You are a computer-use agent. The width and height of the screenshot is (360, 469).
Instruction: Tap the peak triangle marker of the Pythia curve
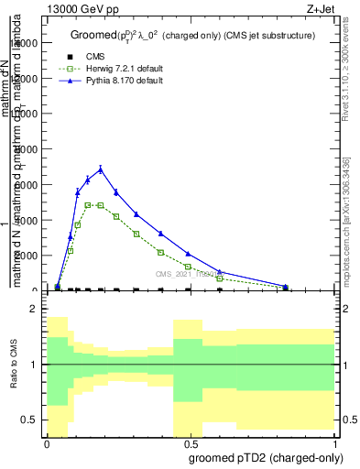(x=101, y=169)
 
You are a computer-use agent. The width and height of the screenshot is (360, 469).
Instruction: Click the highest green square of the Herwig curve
(x=88, y=205)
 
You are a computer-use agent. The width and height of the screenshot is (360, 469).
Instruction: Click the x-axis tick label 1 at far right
(x=334, y=443)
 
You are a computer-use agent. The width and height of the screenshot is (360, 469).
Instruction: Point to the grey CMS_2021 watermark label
(x=184, y=274)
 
